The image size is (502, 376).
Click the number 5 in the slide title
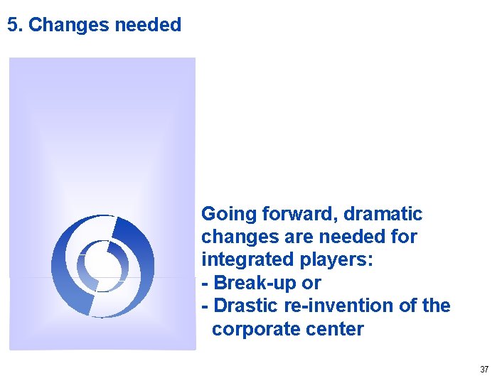click(x=12, y=26)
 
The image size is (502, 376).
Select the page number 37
click(x=484, y=369)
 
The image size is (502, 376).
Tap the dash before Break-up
click(x=205, y=283)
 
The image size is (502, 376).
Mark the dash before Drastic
click(x=205, y=306)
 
